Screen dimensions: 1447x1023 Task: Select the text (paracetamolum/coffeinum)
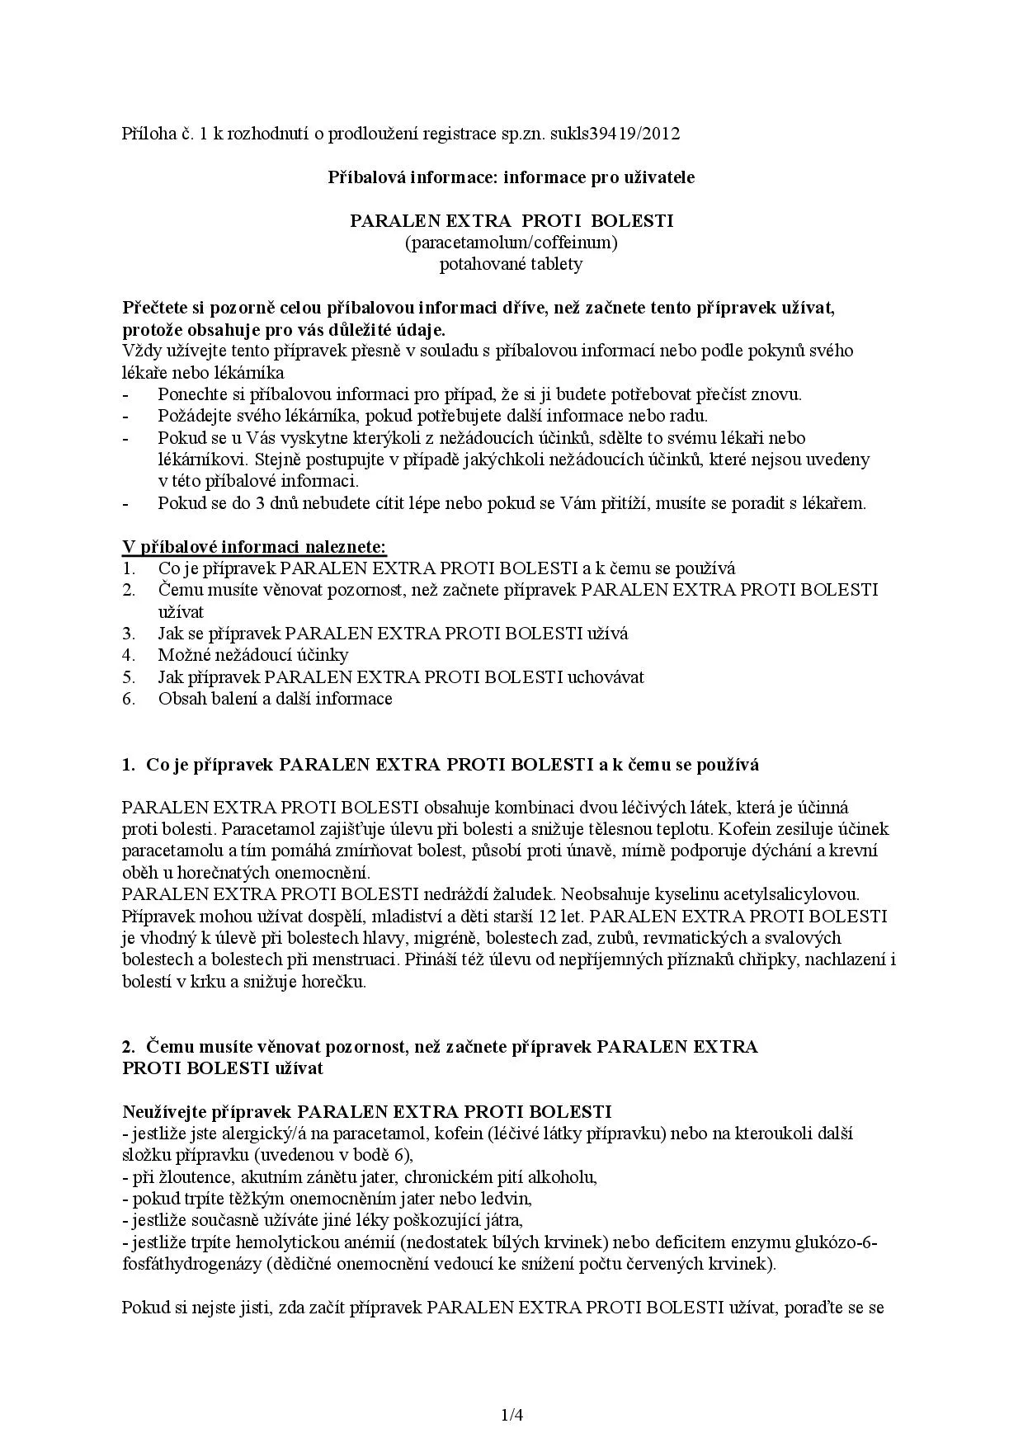pyautogui.click(x=511, y=243)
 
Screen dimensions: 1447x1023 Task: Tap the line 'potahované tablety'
pyautogui.click(x=511, y=264)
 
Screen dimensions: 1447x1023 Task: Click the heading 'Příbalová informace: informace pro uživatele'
pyautogui.click(x=511, y=177)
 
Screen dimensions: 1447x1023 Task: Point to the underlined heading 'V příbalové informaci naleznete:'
pyautogui.click(x=254, y=546)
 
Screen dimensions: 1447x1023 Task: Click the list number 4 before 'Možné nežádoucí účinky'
pyautogui.click(x=128, y=655)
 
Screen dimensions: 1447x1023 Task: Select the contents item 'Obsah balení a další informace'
pyautogui.click(x=275, y=699)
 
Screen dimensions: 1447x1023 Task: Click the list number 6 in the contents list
pyautogui.click(x=128, y=699)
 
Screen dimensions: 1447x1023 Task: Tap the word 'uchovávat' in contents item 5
pyautogui.click(x=606, y=677)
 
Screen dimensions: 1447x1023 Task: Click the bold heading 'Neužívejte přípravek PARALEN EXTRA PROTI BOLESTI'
pyautogui.click(x=366, y=1111)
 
